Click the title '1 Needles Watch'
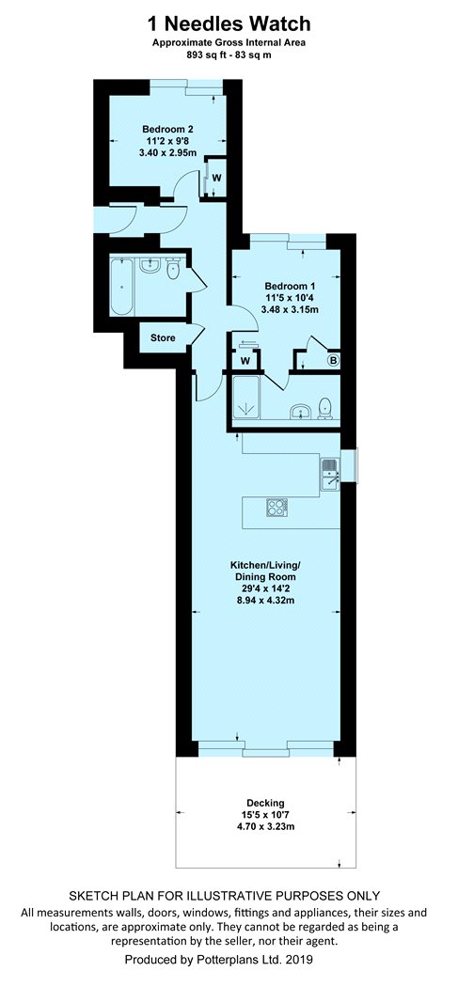coord(229,23)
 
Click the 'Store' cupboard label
coord(163,338)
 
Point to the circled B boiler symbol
coord(333,361)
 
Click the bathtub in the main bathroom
coord(121,287)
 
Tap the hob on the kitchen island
coord(276,508)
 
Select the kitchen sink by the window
coord(331,474)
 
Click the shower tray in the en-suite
coord(245,398)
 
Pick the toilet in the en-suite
coord(325,409)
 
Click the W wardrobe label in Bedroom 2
coord(216,178)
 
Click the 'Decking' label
coord(265,803)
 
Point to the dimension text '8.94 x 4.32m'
coord(265,601)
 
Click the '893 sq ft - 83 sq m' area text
coord(229,55)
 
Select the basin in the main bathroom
coord(150,266)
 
